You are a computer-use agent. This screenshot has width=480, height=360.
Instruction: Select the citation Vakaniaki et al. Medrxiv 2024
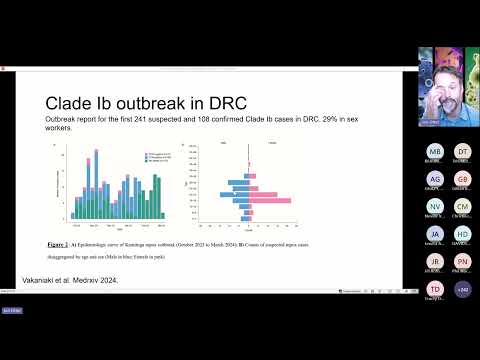(70, 279)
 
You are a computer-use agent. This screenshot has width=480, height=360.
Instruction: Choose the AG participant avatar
(434, 179)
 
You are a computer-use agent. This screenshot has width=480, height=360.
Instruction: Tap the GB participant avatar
(463, 179)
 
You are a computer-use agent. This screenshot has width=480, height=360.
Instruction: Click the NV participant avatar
(434, 206)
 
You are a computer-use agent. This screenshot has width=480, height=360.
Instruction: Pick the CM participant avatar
(463, 206)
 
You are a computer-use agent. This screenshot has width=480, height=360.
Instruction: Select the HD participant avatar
(463, 234)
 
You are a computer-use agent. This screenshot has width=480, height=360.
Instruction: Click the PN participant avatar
(463, 261)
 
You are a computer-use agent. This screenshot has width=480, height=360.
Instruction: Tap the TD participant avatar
(434, 288)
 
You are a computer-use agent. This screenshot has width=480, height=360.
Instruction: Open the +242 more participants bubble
(463, 288)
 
